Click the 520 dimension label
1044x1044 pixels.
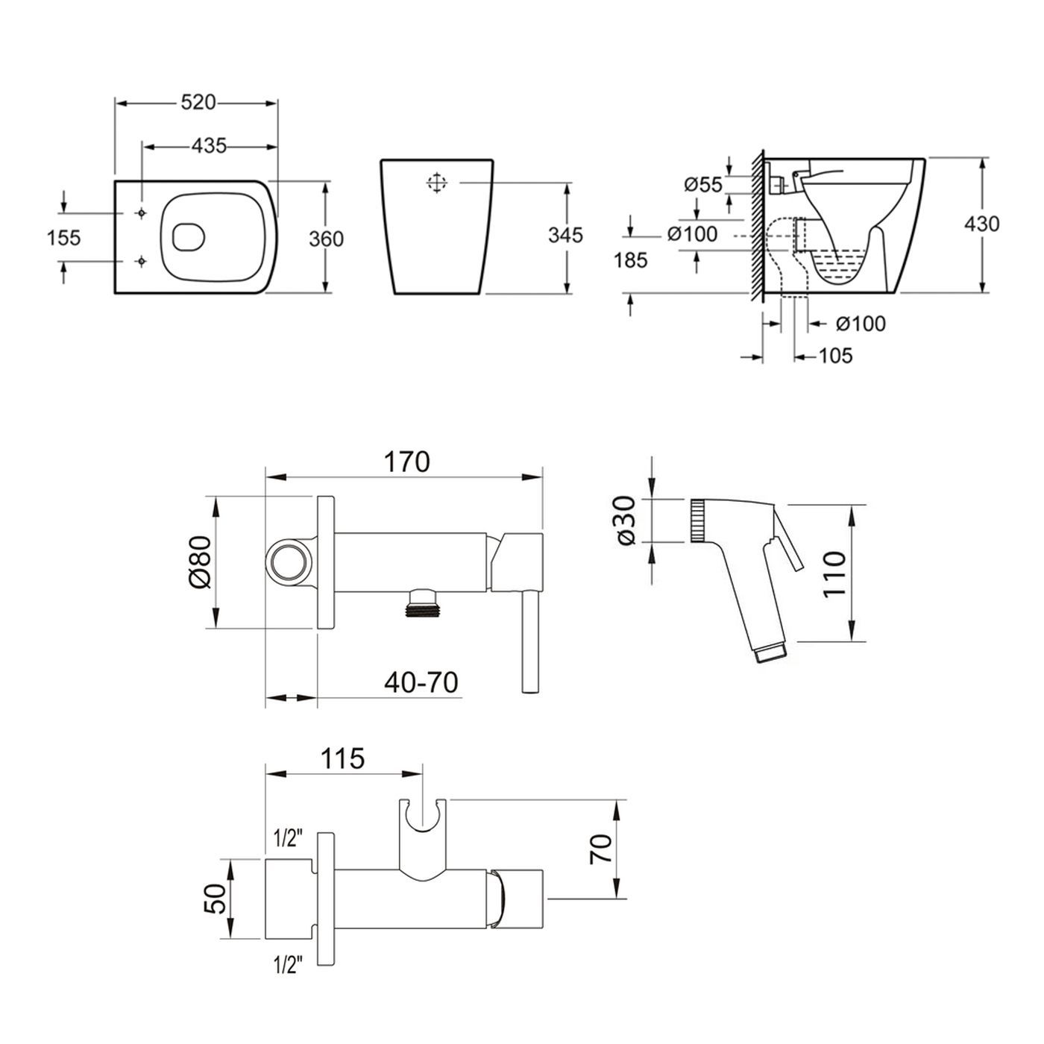click(x=198, y=102)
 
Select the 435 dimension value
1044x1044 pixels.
click(x=209, y=145)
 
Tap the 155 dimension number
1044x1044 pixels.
click(x=64, y=237)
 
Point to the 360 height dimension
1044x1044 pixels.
click(x=326, y=239)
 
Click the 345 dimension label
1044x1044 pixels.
click(x=565, y=235)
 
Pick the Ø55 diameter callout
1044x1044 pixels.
click(x=703, y=185)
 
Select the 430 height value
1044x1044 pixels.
click(x=981, y=224)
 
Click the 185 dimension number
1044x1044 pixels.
click(x=631, y=260)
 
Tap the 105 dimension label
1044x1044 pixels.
click(x=835, y=356)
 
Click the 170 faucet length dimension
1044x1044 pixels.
click(x=407, y=462)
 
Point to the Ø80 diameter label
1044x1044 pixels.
click(x=200, y=562)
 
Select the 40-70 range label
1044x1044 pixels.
click(x=421, y=682)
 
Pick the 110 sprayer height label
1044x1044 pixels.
click(x=834, y=574)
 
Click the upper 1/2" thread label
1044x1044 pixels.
click(x=287, y=839)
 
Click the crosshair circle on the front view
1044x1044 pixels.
click(x=437, y=183)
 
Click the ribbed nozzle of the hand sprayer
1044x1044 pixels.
click(x=698, y=520)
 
